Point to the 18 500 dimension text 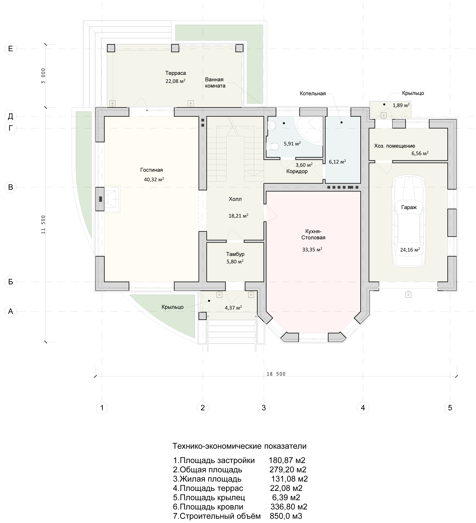[x=276, y=374]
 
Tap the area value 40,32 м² [x=154, y=179]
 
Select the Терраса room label [x=176, y=73]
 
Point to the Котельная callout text [x=313, y=93]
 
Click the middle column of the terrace [x=175, y=48]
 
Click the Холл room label [x=235, y=199]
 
